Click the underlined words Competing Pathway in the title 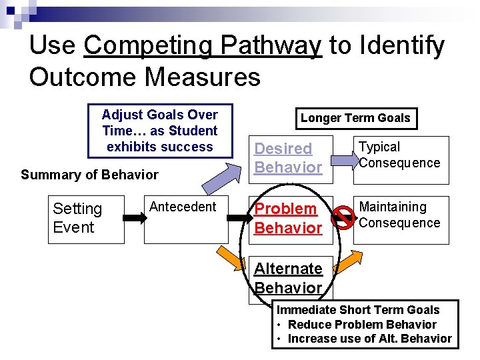(x=203, y=45)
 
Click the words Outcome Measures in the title (x=145, y=77)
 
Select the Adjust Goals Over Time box (x=160, y=131)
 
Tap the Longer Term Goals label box (x=355, y=118)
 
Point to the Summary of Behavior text (x=89, y=175)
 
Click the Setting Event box (x=86, y=219)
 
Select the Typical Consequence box (x=401, y=159)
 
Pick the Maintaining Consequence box (x=401, y=219)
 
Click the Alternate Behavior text (x=288, y=278)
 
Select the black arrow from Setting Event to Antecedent (x=134, y=217)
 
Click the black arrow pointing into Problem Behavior (x=237, y=217)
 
